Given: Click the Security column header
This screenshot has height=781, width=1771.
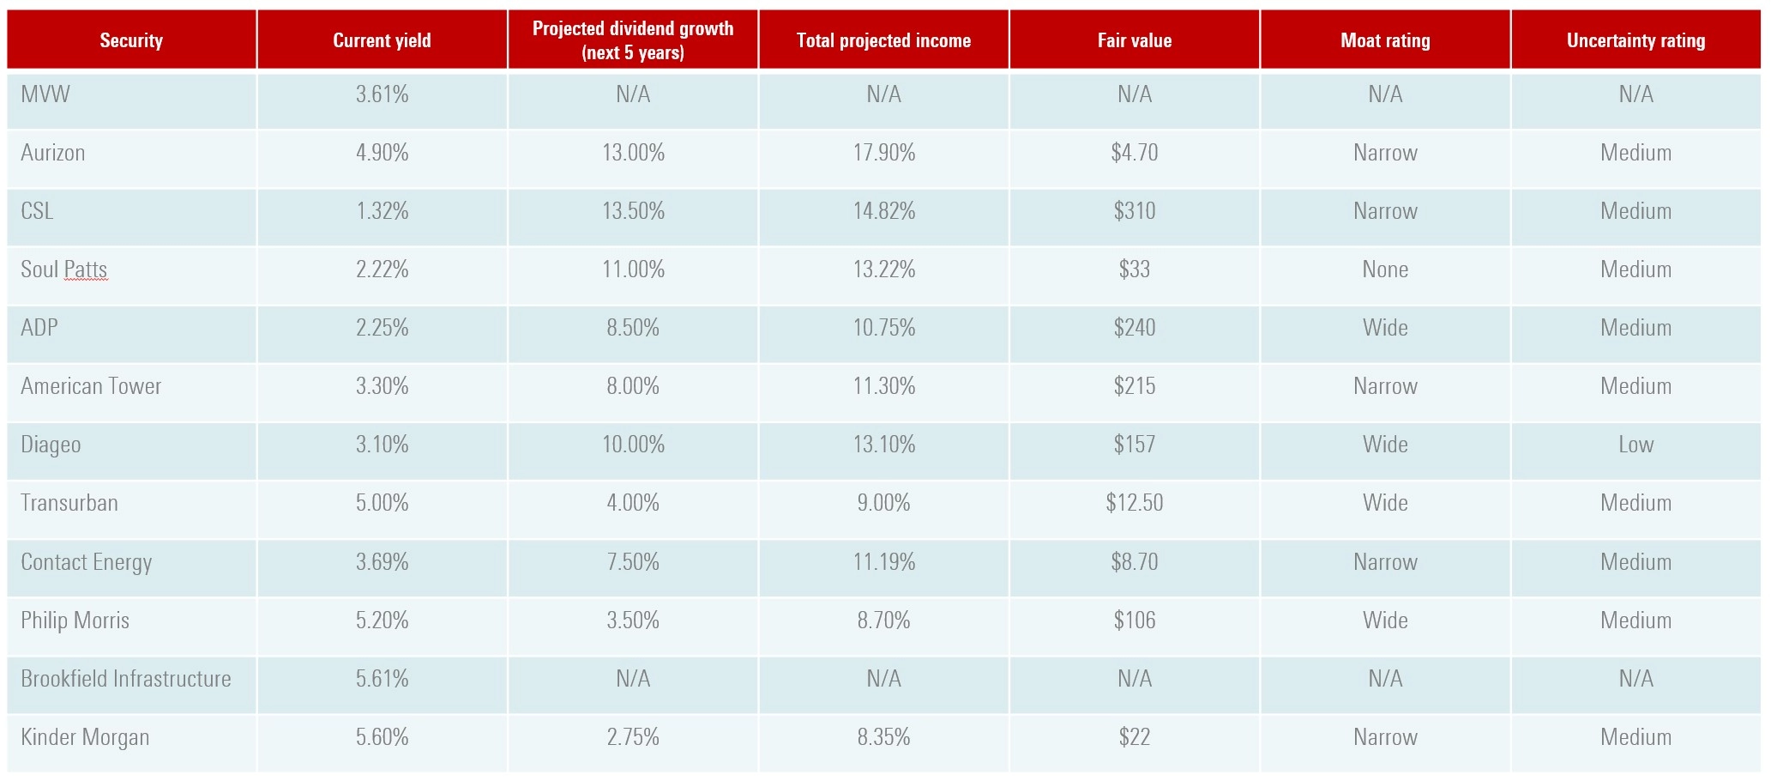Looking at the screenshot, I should pyautogui.click(x=131, y=40).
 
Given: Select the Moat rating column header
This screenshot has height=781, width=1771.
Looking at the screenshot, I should pyautogui.click(x=1385, y=40).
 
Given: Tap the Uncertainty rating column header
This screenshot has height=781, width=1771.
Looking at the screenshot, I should pyautogui.click(x=1635, y=40).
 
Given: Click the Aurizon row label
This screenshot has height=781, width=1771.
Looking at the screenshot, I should pyautogui.click(x=53, y=153).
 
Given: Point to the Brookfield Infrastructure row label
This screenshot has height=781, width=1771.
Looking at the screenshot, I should pyautogui.click(x=126, y=679).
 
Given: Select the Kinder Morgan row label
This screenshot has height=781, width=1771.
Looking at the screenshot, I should pyautogui.click(x=85, y=737).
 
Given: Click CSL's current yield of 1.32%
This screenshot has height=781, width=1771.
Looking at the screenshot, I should pyautogui.click(x=382, y=211).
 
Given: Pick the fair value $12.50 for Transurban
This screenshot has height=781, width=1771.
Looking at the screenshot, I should pyautogui.click(x=1134, y=503).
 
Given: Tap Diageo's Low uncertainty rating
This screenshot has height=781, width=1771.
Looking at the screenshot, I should pyautogui.click(x=1635, y=445).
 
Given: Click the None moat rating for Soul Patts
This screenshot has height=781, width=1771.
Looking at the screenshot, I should pyautogui.click(x=1385, y=269).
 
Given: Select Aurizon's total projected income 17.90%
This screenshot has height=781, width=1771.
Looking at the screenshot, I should pyautogui.click(x=883, y=153).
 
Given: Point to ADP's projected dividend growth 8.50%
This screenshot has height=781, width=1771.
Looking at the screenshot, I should pyautogui.click(x=633, y=328).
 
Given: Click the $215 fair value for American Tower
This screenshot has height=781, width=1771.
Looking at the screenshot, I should pyautogui.click(x=1134, y=386).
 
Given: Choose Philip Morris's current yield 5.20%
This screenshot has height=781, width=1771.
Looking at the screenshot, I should pyautogui.click(x=382, y=621).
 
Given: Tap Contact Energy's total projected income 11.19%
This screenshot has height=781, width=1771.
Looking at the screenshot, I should pyautogui.click(x=883, y=562).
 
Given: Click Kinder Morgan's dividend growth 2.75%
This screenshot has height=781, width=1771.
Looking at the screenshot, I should pyautogui.click(x=633, y=737).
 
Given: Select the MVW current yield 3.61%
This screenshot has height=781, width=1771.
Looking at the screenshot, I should pyautogui.click(x=382, y=94).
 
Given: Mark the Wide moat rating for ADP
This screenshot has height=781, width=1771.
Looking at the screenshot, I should pyautogui.click(x=1385, y=328).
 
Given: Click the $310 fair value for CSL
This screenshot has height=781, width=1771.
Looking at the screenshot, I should pyautogui.click(x=1134, y=211).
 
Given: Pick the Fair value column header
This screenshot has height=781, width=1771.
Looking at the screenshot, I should pyautogui.click(x=1134, y=40).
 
